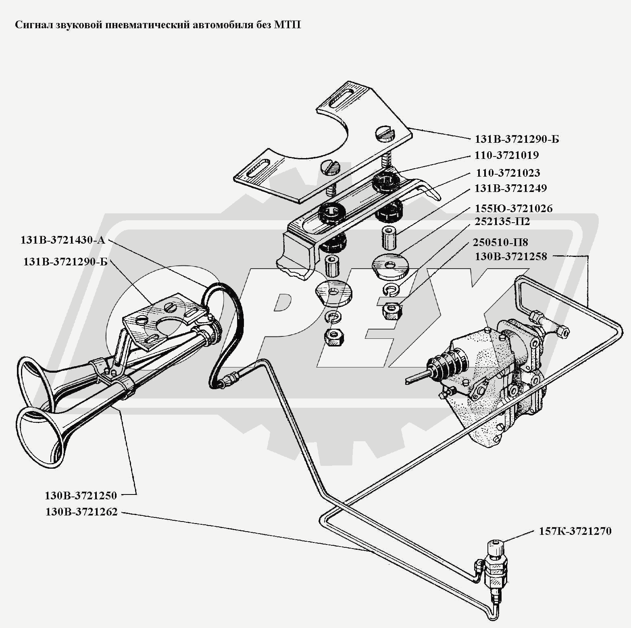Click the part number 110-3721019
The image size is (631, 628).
507,155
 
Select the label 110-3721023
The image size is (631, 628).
508,173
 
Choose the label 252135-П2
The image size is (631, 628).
502,221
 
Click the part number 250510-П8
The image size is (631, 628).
500,242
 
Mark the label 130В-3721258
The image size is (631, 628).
511,257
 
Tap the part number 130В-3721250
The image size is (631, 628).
81,495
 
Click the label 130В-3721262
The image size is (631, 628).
81,512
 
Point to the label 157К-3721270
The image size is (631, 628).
575,531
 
